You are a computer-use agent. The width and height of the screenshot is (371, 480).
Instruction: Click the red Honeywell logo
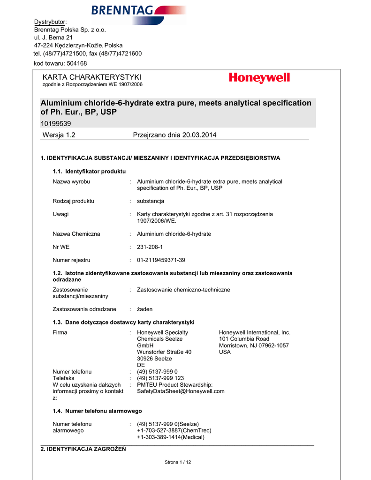pos(259,78)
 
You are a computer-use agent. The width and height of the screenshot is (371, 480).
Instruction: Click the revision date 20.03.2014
pos(197,135)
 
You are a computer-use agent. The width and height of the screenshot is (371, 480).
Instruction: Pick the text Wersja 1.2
pos(59,135)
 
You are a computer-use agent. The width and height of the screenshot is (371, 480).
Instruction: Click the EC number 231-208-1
pos(150,247)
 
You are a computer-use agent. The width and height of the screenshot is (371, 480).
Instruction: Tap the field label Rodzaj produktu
pos(73,201)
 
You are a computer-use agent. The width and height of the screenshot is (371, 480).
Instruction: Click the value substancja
pos(150,201)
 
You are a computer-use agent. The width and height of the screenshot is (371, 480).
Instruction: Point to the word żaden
pos(144,309)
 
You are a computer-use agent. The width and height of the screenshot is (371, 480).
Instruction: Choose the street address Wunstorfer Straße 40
pos(164,352)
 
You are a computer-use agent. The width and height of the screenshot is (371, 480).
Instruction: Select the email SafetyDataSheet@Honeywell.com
pos(181,391)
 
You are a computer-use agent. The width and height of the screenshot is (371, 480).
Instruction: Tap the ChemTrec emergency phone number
pos(174,430)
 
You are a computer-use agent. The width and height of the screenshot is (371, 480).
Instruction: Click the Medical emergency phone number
pos(171,437)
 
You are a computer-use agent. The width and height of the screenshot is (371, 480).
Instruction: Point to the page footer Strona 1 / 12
pos(178,462)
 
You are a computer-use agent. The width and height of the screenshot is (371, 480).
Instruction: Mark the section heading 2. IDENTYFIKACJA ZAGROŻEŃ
pos(83,449)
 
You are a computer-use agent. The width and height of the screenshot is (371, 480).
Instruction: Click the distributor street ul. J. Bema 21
pos(53,37)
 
